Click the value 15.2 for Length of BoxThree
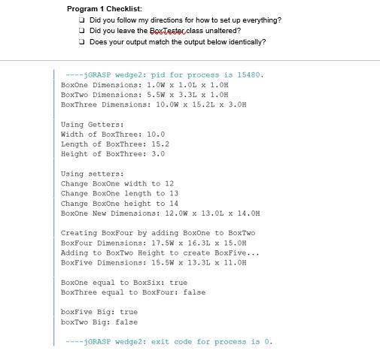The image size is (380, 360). (160, 144)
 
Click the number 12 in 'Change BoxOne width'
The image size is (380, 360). (169, 183)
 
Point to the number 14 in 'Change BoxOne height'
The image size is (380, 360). (174, 203)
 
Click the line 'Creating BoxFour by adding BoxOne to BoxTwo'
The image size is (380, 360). (157, 233)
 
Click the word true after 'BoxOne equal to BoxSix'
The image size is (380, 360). (178, 283)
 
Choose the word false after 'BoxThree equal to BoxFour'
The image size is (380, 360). (194, 292)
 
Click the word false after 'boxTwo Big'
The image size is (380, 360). (126, 322)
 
